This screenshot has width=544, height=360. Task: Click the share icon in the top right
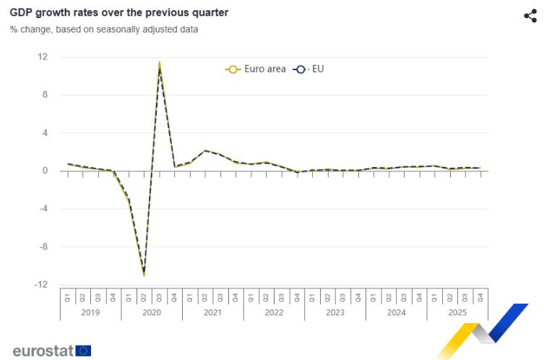click(x=530, y=16)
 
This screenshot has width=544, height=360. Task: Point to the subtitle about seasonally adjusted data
click(x=104, y=30)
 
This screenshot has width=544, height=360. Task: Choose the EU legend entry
click(x=309, y=69)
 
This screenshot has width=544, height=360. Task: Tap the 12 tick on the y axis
click(x=43, y=56)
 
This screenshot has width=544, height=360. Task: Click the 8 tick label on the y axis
click(x=45, y=95)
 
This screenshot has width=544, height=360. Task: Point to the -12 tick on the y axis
click(x=41, y=285)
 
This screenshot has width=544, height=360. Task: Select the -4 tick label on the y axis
click(x=43, y=209)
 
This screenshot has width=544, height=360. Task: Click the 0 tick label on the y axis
click(x=45, y=171)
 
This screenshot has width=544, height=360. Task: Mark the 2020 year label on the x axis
click(x=152, y=313)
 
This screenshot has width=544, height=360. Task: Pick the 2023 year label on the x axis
click(x=335, y=313)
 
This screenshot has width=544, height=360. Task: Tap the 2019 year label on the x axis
click(x=90, y=313)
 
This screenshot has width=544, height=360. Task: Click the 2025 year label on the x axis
click(x=457, y=313)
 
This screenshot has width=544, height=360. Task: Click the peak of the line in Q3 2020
click(x=159, y=64)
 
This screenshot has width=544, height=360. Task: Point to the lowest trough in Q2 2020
click(x=144, y=275)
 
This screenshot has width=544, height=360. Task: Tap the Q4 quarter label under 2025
click(x=480, y=297)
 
